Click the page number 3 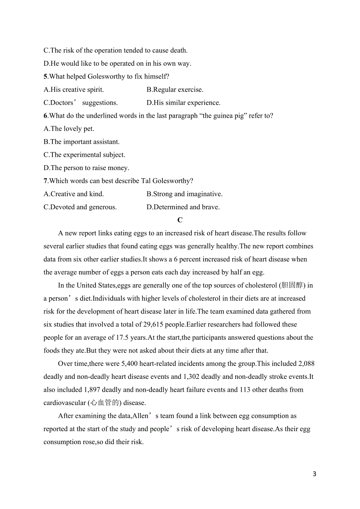pos(315,474)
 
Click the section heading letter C pos(180,220)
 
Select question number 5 pos(45,77)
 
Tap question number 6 pos(45,116)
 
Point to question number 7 pos(45,181)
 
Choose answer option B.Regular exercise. pos(175,90)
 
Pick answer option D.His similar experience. pos(184,103)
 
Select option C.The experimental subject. pos(85,155)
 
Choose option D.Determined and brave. pos(183,207)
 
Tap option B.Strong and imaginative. pos(184,194)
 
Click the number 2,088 pos(306,364)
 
